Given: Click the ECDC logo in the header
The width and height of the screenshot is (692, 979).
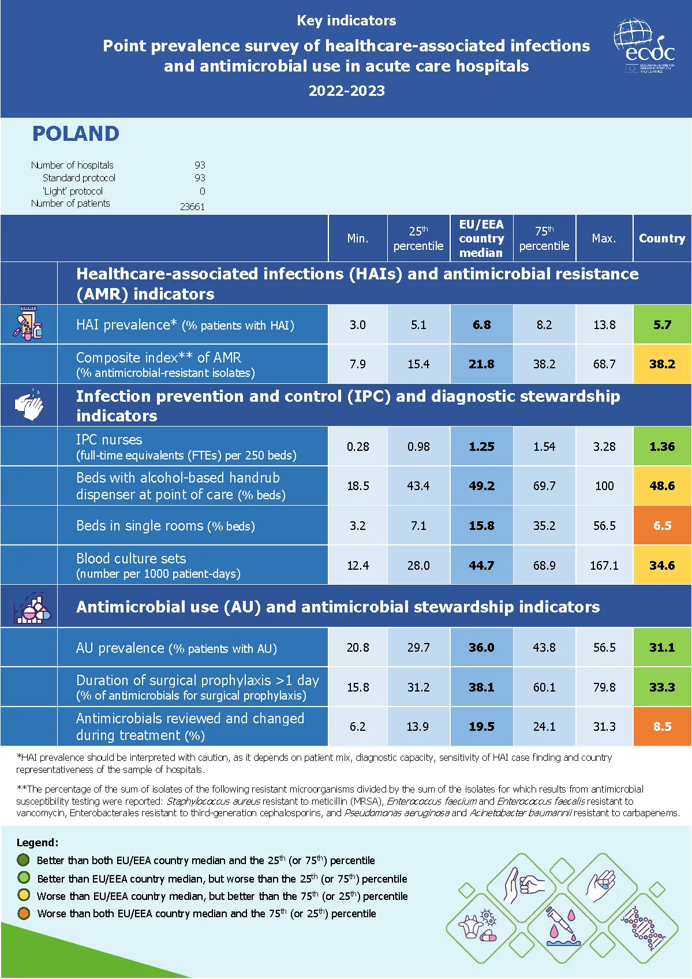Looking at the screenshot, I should [644, 46].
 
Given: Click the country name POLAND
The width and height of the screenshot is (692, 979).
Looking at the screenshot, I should [76, 134].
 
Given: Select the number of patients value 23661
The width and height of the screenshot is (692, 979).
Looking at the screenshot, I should [192, 207].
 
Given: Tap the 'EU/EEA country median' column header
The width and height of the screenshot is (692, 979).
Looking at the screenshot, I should [481, 238].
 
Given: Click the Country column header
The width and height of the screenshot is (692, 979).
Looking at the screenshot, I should [662, 238].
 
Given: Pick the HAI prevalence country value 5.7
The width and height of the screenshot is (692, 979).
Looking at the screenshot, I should [662, 325].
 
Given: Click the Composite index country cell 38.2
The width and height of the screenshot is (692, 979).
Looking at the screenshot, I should [662, 364].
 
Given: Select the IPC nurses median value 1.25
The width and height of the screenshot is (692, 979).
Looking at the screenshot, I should [481, 447].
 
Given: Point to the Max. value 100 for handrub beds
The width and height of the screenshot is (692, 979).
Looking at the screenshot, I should [604, 486].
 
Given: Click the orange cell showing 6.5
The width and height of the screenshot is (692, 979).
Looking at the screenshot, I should [662, 526].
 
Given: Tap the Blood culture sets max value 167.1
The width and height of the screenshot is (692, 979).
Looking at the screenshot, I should [604, 566].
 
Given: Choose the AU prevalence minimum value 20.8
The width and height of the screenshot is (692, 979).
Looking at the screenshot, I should [358, 648].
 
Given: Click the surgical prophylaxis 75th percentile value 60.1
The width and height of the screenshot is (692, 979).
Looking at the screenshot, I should [544, 687].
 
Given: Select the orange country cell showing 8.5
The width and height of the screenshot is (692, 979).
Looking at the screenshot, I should [662, 727].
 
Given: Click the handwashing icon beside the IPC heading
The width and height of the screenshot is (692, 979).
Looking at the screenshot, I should [29, 405].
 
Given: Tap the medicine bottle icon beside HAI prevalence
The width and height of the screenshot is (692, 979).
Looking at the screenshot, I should [28, 324].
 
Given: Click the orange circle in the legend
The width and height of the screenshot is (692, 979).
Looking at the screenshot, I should [24, 913].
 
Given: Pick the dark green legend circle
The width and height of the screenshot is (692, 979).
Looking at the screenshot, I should [24, 860].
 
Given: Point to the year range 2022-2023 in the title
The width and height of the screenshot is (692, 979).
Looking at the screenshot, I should [346, 91].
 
